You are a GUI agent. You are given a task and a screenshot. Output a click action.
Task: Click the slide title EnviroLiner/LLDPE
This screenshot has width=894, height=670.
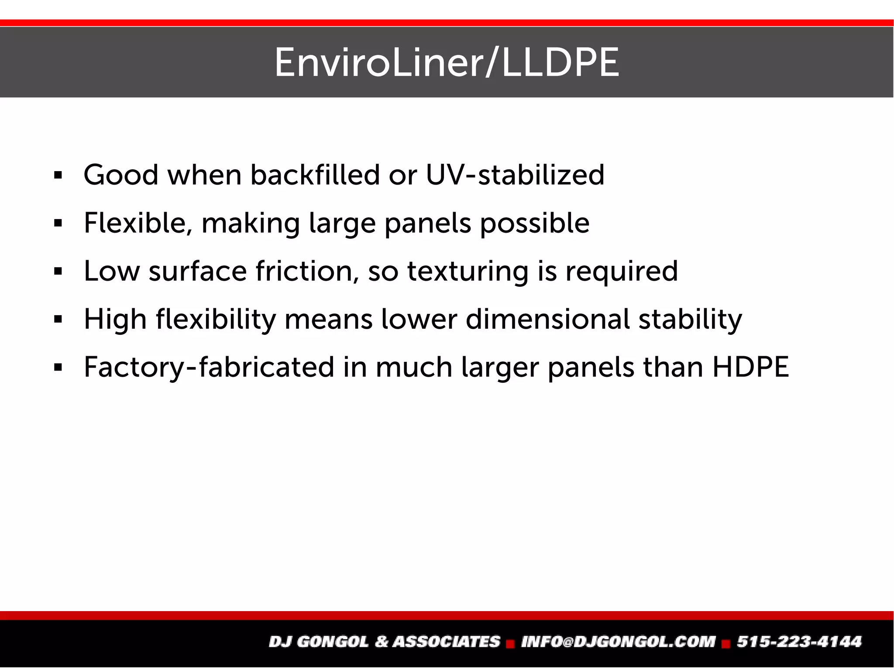tap(447, 63)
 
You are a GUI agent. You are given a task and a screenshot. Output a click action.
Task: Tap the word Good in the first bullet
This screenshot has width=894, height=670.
tap(120, 175)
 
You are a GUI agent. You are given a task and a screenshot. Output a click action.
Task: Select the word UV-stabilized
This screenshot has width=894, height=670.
tap(515, 175)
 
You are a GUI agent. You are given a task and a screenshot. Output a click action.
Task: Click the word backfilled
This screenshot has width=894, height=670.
tap(315, 175)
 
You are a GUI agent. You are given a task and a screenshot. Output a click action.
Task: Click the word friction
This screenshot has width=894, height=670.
tap(307, 271)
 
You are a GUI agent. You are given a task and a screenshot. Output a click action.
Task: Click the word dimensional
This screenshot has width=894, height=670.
tap(547, 319)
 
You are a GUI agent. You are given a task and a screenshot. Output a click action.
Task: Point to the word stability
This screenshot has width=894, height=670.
tap(690, 320)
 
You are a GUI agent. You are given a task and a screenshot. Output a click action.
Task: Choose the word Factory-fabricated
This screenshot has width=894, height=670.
tap(209, 368)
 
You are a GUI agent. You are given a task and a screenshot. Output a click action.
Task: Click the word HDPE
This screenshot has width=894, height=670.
tap(750, 367)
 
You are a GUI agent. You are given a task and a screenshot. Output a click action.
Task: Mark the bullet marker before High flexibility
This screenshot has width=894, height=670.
tap(58, 320)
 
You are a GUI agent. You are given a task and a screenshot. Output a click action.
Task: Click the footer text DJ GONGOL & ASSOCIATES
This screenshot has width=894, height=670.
tap(384, 642)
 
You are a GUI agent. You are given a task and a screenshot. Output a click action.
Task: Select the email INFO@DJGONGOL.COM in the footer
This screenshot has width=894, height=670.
tap(618, 642)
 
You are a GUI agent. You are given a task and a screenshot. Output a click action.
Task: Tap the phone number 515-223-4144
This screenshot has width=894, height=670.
tap(799, 642)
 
